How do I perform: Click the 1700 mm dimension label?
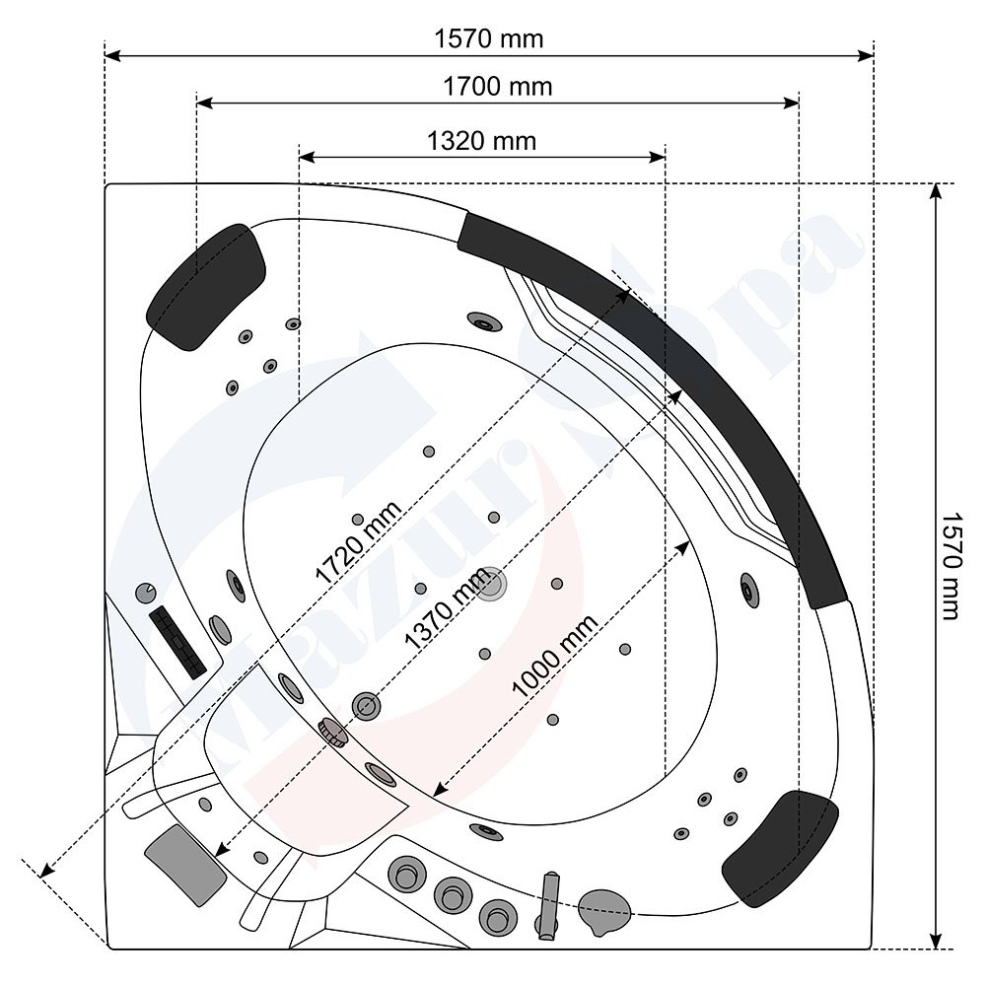pos(497,86)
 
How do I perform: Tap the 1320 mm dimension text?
pos(482,141)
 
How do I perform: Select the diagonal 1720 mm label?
pos(358,542)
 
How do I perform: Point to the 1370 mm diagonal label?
pos(448,607)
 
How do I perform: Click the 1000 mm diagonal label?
pos(554,656)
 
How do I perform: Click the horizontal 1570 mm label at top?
pos(489,39)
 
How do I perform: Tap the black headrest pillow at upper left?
pos(206,287)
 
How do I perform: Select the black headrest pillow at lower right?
pos(780,849)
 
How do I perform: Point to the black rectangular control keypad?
pos(177,642)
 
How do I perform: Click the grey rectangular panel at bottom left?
pos(185,866)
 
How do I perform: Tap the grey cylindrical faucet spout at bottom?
pos(549,905)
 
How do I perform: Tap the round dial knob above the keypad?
pos(145,592)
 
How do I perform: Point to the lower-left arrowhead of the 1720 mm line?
pos(45,871)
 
